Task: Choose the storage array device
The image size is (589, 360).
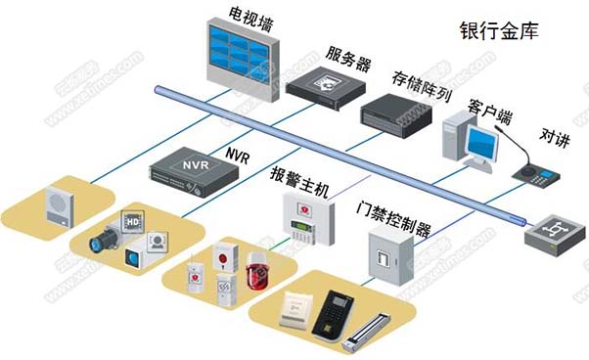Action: [395, 109]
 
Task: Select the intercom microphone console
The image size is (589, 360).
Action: [535, 174]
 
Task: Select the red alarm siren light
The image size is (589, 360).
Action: [257, 271]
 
